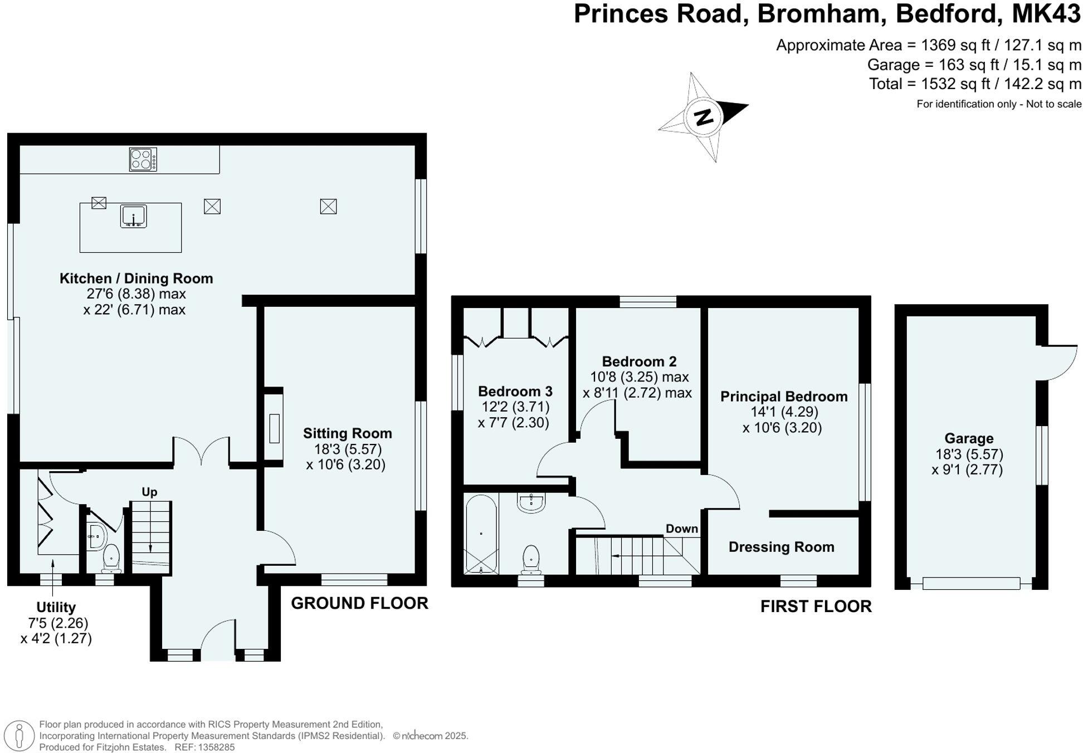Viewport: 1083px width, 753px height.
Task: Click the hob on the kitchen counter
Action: tap(143, 159)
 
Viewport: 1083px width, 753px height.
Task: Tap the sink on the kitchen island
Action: tap(133, 216)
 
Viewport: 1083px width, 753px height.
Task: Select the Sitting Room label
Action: tap(347, 433)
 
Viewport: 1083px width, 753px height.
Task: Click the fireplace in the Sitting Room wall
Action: tap(274, 428)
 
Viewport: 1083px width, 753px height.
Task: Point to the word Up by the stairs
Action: tap(149, 492)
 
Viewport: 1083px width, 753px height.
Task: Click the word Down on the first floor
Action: tap(681, 529)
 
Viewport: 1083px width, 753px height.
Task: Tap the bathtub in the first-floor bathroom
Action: tap(481, 534)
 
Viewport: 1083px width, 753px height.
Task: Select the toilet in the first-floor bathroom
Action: tap(531, 559)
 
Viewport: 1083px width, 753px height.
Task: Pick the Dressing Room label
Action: tap(781, 547)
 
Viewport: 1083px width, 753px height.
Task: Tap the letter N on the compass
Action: tap(704, 117)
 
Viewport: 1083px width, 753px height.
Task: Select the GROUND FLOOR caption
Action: tap(359, 603)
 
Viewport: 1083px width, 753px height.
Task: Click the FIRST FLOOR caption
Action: tap(816, 607)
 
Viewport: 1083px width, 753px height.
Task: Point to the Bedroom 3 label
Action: tap(515, 391)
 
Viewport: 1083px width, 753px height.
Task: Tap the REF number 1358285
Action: tap(214, 747)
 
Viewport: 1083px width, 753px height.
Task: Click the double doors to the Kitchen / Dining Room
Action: tap(202, 451)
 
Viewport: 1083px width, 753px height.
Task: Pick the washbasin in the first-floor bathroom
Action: tap(531, 502)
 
